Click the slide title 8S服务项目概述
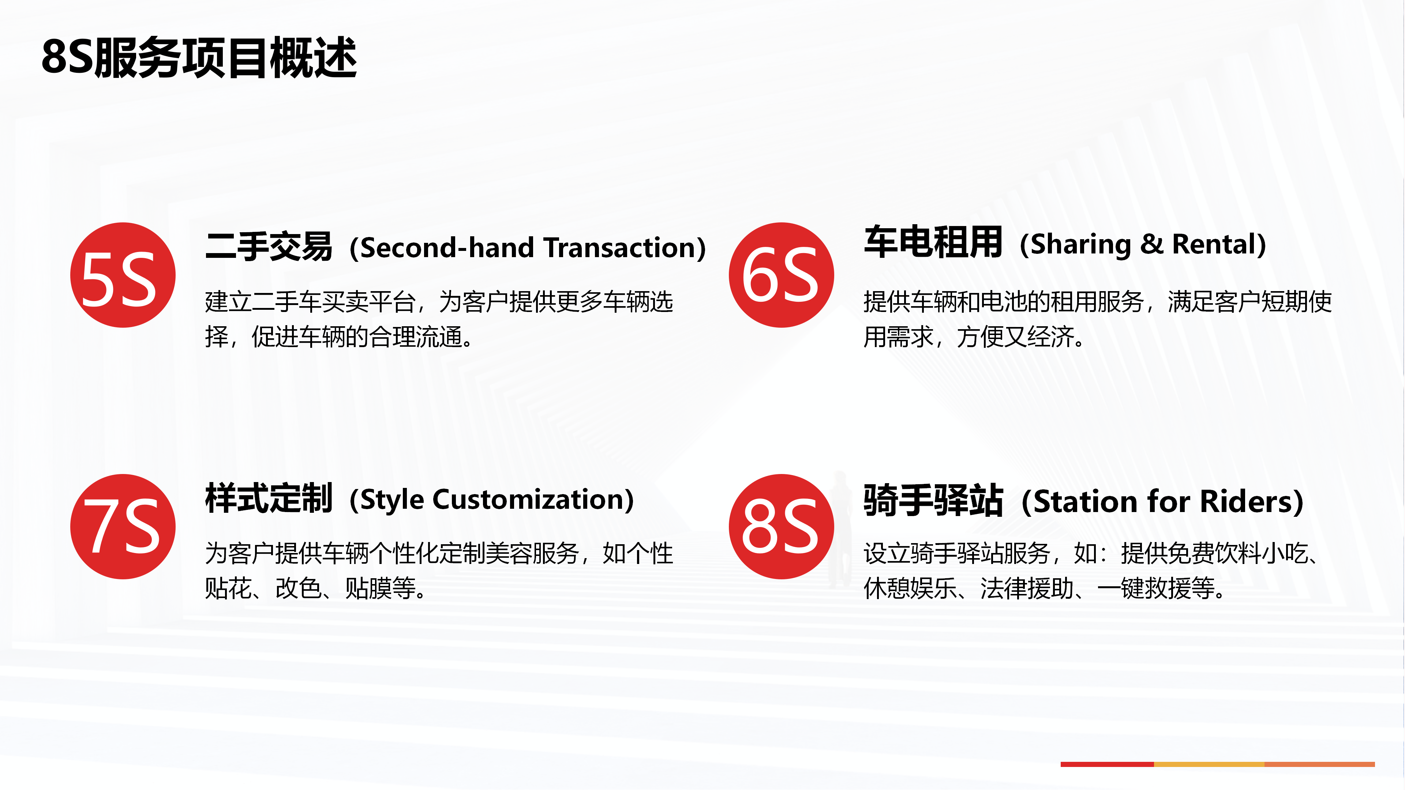click(x=199, y=57)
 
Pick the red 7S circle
click(x=123, y=526)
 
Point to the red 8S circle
click(x=781, y=526)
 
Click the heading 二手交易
click(x=269, y=247)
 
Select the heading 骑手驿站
click(x=933, y=500)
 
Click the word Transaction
click(x=619, y=248)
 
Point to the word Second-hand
click(x=447, y=248)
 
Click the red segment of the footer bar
click(x=1107, y=764)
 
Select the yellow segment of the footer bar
click(x=1209, y=764)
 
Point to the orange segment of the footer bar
click(x=1319, y=764)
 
